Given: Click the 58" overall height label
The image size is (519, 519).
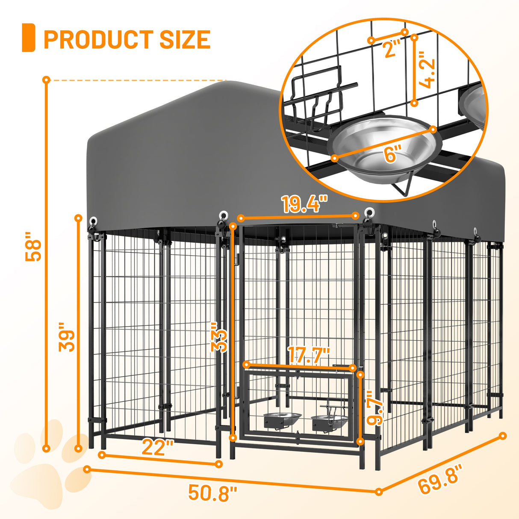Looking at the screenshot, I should pyautogui.click(x=34, y=246).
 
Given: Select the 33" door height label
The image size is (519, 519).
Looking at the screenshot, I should pyautogui.click(x=219, y=337).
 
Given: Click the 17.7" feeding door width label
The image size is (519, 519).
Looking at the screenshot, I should pyautogui.click(x=309, y=355).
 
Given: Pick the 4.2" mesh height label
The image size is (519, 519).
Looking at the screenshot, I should pyautogui.click(x=427, y=70).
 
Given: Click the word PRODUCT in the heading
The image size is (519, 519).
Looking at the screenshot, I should pyautogui.click(x=98, y=39).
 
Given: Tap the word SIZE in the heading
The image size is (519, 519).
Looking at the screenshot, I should pyautogui.click(x=185, y=39).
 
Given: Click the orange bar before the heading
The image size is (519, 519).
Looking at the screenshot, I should pyautogui.click(x=28, y=38).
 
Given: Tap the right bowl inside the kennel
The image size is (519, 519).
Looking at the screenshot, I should pyautogui.click(x=329, y=421).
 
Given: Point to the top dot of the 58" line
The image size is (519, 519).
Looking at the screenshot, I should pyautogui.click(x=46, y=80).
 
